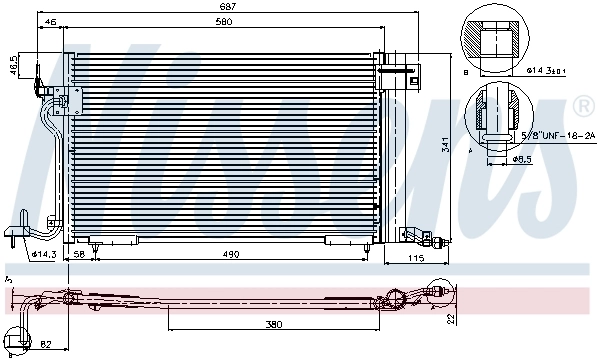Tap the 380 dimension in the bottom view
point(274,324)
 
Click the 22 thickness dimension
point(452,318)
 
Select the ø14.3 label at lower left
point(43,254)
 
